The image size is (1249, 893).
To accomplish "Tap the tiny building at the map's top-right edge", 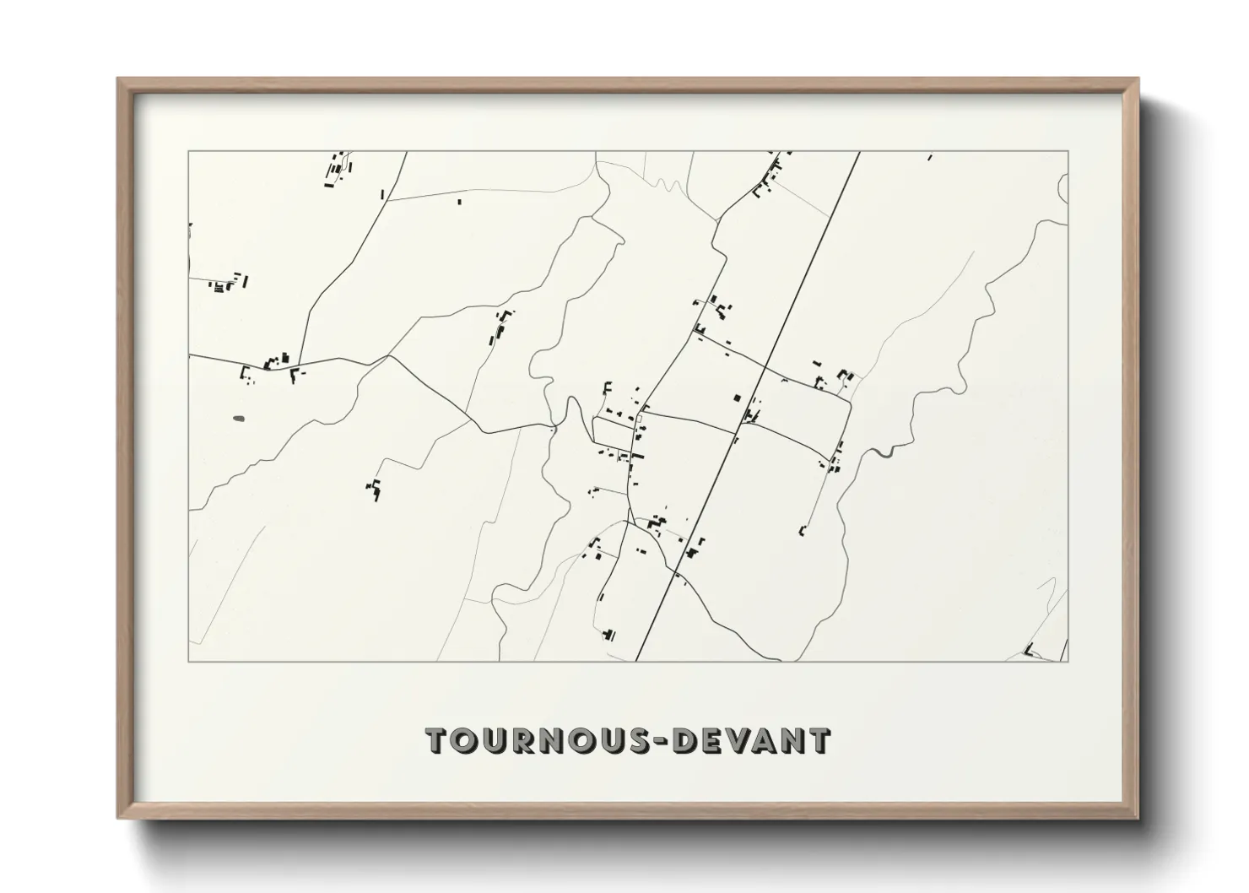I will pos(930,156).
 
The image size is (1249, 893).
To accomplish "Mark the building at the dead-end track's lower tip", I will pos(802,531).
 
